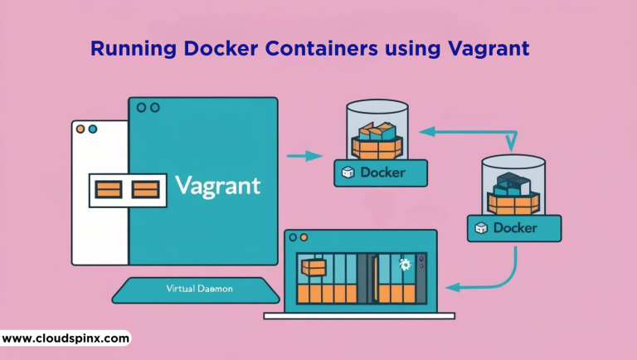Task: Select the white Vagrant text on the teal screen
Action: tap(218, 184)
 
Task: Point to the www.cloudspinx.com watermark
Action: tap(66, 338)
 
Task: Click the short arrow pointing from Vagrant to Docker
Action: tap(304, 155)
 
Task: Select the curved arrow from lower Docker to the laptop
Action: tap(498, 279)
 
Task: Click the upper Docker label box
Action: tap(381, 173)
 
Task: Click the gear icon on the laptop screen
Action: tap(405, 265)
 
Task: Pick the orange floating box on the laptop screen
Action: tap(314, 267)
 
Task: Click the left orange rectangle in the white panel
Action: tap(108, 190)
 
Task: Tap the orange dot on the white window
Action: tap(80, 130)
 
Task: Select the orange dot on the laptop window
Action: tap(294, 239)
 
